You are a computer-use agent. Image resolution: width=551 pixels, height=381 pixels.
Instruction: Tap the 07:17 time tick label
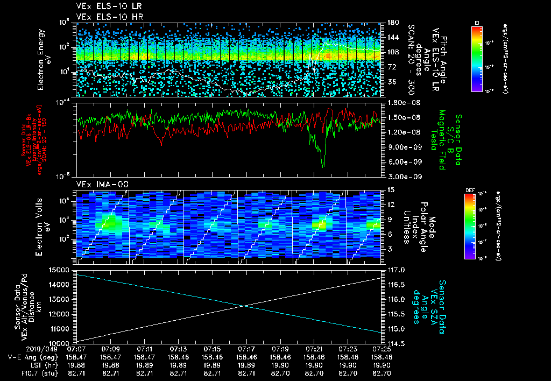(x=246, y=349)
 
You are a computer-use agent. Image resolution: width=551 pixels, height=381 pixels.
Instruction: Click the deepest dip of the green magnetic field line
(x=323, y=166)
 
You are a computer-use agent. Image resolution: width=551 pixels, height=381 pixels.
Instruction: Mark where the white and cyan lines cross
(x=245, y=306)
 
